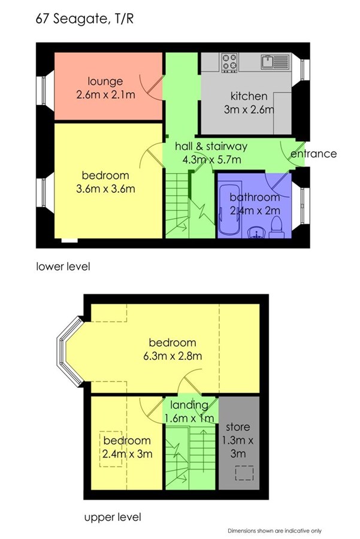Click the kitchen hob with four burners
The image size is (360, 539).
point(229,62)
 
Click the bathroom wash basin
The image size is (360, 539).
point(256,232)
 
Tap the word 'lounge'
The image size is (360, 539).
point(105,81)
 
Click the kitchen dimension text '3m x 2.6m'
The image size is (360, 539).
point(249,110)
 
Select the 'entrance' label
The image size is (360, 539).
point(314,154)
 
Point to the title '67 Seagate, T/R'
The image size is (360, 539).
point(84,19)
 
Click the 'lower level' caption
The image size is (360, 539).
point(63,267)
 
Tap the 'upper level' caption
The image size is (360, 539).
point(113,517)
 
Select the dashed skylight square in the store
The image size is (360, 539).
point(244,473)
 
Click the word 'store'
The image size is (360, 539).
point(238,427)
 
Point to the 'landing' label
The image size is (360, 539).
point(189,405)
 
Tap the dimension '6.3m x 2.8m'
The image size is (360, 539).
point(173,356)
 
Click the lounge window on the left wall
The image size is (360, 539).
point(44,91)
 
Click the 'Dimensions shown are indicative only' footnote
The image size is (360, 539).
point(274,531)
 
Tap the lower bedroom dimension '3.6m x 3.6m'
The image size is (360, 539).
point(105,189)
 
